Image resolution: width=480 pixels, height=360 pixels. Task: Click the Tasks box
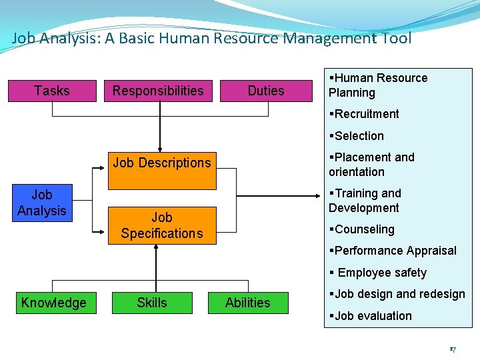click(x=51, y=91)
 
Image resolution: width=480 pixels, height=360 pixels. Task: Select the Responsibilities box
click(x=158, y=91)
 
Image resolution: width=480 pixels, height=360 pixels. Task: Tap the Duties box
click(x=266, y=91)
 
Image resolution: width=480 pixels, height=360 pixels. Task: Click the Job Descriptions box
click(x=162, y=163)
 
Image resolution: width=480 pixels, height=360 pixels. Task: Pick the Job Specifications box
click(x=162, y=225)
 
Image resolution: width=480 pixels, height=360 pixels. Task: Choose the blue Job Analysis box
click(x=41, y=203)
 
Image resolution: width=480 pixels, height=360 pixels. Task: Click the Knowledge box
click(x=53, y=303)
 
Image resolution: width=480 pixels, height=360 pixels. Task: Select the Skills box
click(x=152, y=303)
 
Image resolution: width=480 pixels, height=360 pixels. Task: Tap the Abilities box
click(x=248, y=303)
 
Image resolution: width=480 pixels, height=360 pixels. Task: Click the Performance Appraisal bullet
click(x=393, y=251)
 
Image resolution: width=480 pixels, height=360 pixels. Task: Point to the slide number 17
click(x=452, y=349)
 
